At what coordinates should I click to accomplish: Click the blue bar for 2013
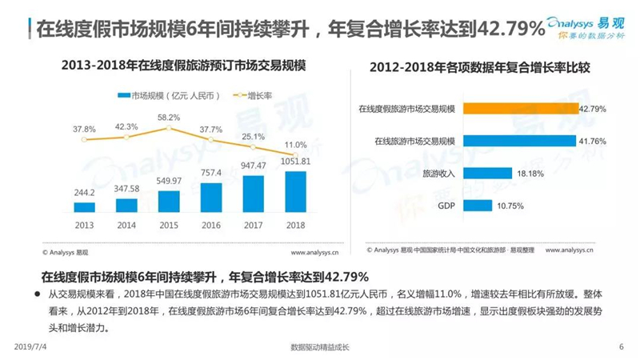[x=84, y=207]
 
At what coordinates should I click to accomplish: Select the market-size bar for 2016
[x=211, y=198]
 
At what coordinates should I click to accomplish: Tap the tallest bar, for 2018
[x=295, y=192]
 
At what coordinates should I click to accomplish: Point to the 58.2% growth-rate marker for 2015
[x=169, y=128]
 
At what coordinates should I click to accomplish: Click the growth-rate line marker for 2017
[x=253, y=147]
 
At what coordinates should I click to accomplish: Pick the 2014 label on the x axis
[x=126, y=226]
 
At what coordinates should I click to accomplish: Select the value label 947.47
[x=253, y=166]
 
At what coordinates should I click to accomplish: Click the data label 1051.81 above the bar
[x=295, y=162]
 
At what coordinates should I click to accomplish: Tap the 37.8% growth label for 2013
[x=84, y=130]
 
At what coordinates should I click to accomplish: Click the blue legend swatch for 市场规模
[x=124, y=95]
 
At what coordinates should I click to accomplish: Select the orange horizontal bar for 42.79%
[x=521, y=109]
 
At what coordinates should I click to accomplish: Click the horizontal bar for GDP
[x=478, y=206]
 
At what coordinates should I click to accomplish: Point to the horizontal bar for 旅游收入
[x=487, y=174]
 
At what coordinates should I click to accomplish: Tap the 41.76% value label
[x=592, y=142]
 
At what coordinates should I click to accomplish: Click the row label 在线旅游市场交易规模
[x=414, y=142]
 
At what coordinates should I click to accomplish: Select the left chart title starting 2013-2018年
[x=184, y=66]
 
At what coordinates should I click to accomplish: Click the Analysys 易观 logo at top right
[x=586, y=28]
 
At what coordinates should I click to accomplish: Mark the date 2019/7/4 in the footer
[x=30, y=346]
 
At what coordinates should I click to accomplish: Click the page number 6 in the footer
[x=622, y=346]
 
